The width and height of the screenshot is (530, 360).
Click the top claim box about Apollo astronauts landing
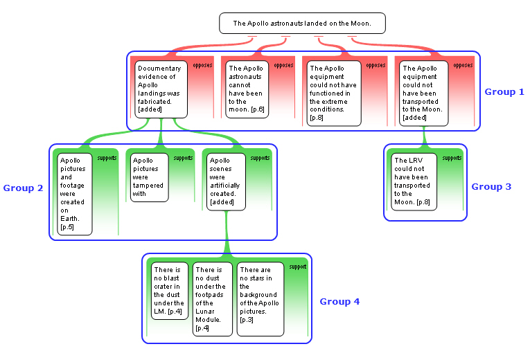pos(302,24)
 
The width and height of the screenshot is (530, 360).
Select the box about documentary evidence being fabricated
pos(161,89)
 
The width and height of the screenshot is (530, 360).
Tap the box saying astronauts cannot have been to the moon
pos(247,89)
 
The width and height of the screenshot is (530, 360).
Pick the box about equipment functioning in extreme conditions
pos(334,93)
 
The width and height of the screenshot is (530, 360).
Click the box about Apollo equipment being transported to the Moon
pos(423,93)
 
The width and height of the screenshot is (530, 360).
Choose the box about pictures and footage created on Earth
pos(75,194)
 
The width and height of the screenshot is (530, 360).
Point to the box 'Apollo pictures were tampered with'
pos(150,178)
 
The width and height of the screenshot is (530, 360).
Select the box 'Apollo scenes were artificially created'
pos(226,181)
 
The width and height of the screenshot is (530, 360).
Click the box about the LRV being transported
pos(414,181)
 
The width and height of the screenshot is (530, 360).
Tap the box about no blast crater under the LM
pos(170,291)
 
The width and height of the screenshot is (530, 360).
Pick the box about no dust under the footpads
pos(213,299)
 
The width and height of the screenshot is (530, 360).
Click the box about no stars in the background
pos(260,299)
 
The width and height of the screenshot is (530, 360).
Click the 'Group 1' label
pos(504,92)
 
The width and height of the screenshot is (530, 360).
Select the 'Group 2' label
pos(23,188)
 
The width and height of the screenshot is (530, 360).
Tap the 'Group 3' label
pos(491,187)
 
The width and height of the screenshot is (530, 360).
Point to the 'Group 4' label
pos(339,302)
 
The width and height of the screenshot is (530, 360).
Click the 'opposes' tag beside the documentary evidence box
pos(202,65)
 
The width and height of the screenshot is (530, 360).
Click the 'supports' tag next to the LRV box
pos(452,158)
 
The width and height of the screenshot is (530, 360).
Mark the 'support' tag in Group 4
pos(298,267)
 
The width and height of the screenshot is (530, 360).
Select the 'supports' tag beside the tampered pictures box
pos(183,158)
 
